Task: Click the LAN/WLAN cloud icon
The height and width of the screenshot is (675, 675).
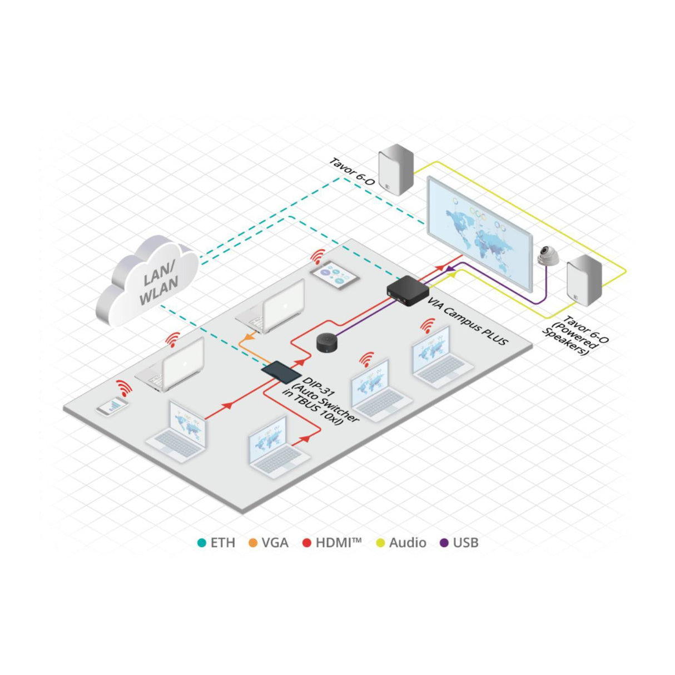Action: [147, 281]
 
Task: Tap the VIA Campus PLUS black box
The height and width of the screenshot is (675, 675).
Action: [408, 290]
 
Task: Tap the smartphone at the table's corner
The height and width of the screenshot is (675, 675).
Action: [113, 407]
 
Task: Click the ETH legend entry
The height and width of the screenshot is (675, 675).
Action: [217, 543]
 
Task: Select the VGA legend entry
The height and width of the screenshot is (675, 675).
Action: [269, 543]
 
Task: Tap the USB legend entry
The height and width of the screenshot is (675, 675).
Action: [459, 543]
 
